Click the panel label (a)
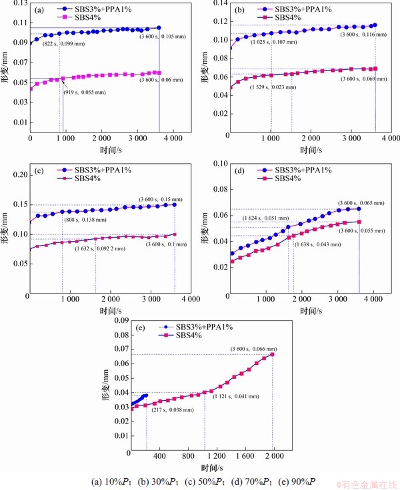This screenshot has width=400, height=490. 39,10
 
